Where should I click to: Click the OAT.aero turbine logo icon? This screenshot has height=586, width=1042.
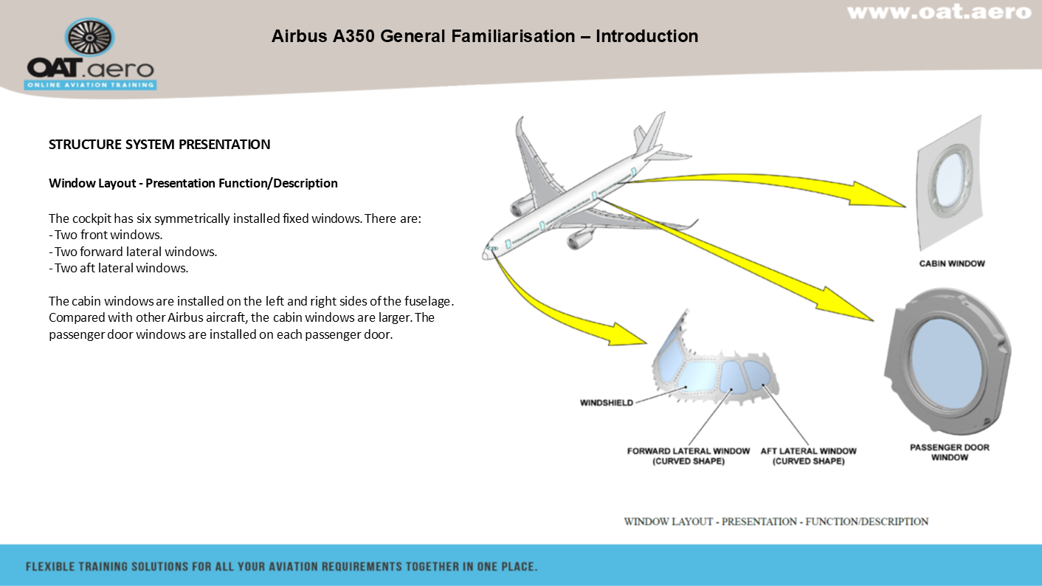point(89,38)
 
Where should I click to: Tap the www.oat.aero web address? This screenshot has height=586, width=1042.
point(938,13)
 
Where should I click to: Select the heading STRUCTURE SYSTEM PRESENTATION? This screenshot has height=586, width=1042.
point(159,145)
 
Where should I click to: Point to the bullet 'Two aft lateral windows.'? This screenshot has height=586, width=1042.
point(119,268)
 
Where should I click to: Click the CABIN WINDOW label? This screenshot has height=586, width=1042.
point(951,263)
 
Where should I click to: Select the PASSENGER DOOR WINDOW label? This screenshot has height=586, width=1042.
point(949,452)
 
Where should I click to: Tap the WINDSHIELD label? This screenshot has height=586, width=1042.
point(607,403)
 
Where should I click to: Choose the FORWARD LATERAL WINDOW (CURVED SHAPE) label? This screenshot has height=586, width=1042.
point(689,456)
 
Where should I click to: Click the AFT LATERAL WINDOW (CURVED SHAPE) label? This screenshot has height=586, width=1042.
point(808,456)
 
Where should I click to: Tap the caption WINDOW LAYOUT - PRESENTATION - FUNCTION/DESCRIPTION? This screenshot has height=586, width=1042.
point(776,522)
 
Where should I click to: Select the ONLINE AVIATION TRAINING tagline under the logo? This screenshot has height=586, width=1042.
point(90,85)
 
